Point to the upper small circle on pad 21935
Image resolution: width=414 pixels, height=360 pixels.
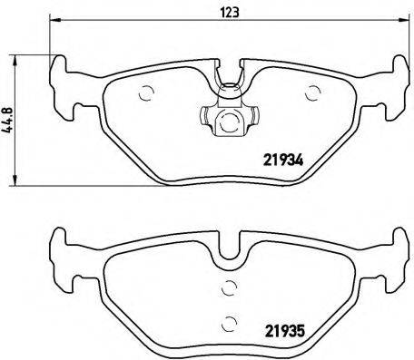[x=229, y=289]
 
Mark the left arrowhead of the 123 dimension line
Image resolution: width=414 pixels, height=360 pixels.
[x=53, y=24]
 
